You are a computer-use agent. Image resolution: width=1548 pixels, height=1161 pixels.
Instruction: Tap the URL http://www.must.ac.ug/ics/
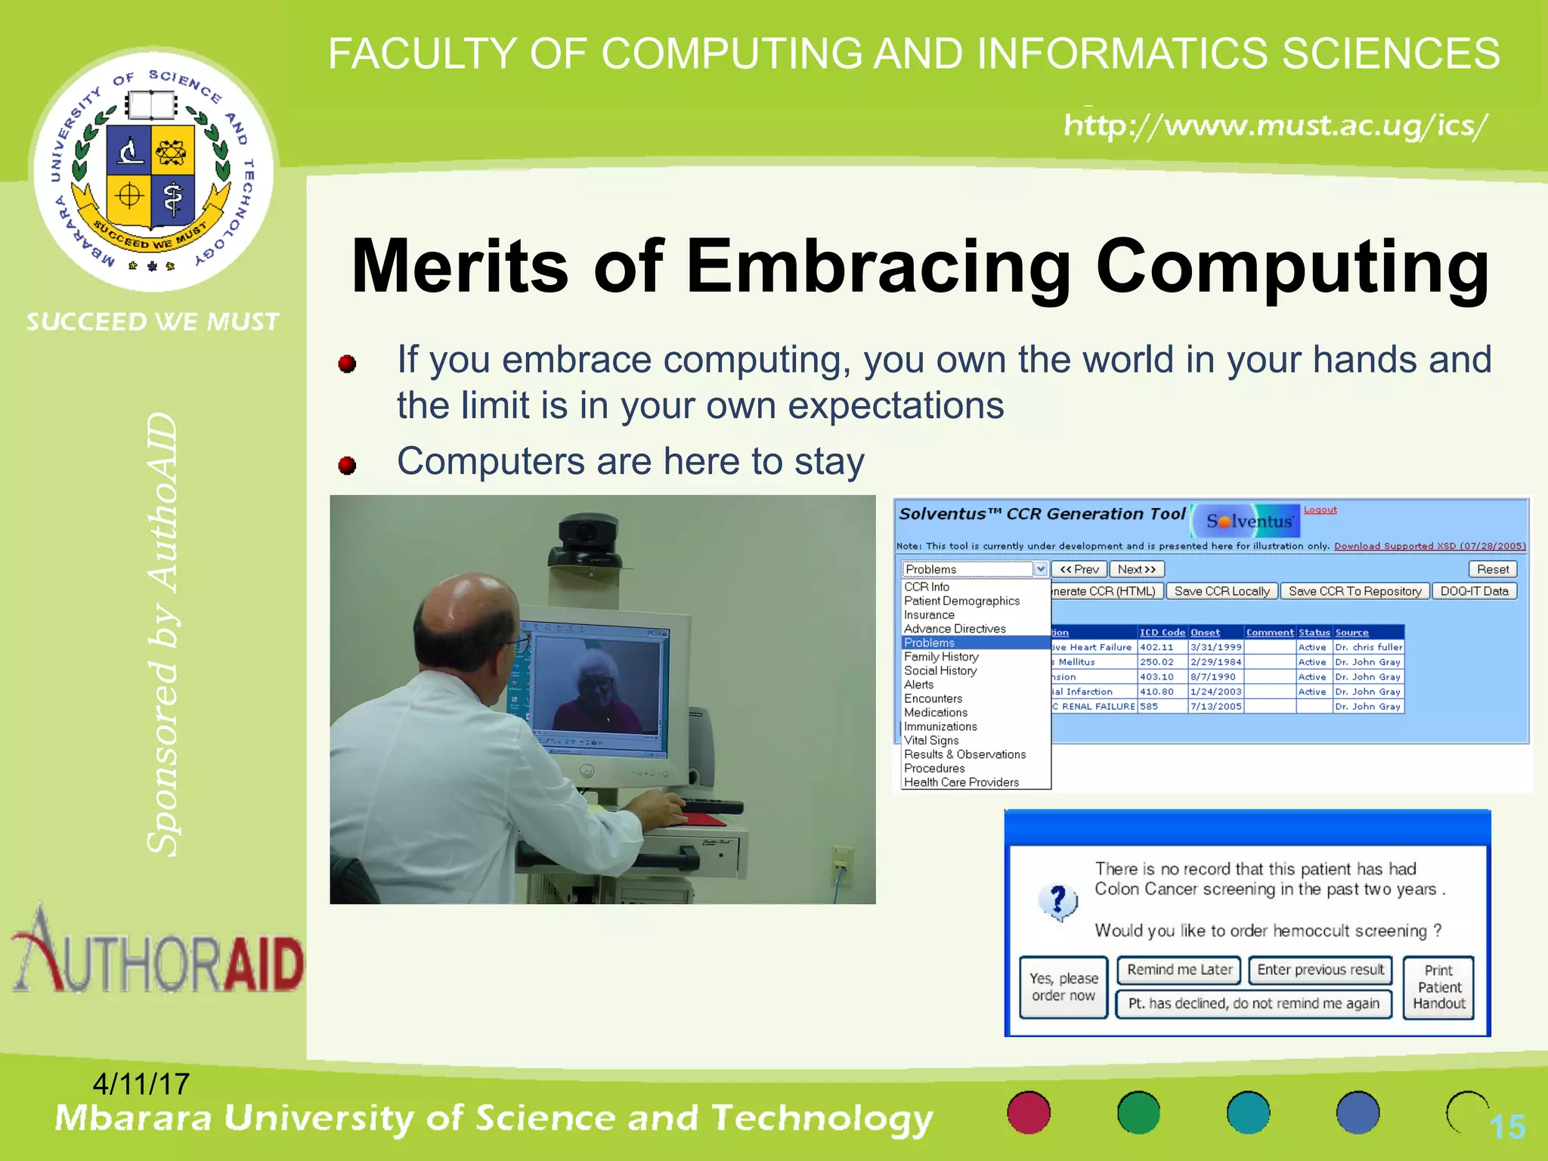(x=1276, y=125)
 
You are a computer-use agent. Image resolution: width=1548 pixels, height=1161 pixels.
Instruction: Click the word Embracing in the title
(x=878, y=267)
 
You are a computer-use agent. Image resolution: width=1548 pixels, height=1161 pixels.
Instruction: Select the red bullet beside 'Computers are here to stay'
(x=347, y=465)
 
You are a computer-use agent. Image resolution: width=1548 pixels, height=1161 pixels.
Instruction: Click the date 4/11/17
(x=141, y=1084)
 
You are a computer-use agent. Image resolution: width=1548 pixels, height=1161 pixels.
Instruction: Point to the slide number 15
(x=1507, y=1127)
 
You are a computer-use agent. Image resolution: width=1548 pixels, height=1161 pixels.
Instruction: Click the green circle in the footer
(x=1138, y=1113)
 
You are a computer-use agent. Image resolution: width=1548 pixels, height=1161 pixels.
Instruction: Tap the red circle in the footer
(x=1029, y=1113)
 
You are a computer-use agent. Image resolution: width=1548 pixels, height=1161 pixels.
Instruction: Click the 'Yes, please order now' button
(x=1063, y=987)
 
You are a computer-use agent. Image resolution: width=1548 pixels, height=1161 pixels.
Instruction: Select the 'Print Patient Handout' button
(x=1438, y=987)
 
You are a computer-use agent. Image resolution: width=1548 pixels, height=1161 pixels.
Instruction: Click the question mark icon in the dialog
(x=1058, y=902)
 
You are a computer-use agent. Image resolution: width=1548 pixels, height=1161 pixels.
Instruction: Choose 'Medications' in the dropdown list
(x=936, y=713)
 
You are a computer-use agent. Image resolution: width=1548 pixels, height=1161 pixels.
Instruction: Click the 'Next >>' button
(x=1137, y=569)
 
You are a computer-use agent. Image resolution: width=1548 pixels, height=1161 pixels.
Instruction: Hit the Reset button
(x=1492, y=569)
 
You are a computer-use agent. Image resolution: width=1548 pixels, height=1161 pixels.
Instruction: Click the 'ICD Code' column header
(x=1162, y=632)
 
